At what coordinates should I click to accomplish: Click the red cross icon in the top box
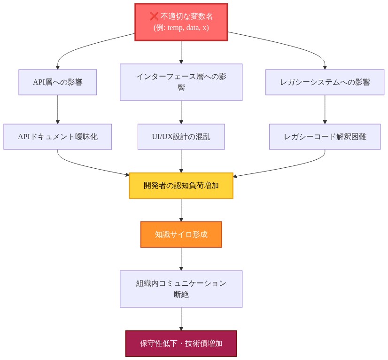(x=154, y=16)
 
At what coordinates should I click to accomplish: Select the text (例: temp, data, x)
(x=181, y=28)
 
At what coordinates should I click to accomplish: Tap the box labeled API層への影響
(x=58, y=82)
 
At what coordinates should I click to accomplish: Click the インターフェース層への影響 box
(x=181, y=82)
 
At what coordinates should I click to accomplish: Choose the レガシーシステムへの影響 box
(x=325, y=82)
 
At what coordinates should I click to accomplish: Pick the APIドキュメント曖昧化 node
(x=58, y=137)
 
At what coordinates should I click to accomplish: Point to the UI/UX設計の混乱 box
(x=181, y=137)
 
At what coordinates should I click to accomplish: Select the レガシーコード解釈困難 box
(x=325, y=137)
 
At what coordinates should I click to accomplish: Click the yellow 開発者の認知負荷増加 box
(x=181, y=186)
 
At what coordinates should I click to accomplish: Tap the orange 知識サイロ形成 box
(x=181, y=235)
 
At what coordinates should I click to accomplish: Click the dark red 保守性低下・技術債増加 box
(x=181, y=344)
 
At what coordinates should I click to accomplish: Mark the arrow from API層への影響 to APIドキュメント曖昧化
(x=58, y=109)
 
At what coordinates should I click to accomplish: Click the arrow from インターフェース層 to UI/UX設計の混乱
(x=181, y=112)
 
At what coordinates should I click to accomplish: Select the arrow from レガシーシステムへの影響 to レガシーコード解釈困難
(x=325, y=109)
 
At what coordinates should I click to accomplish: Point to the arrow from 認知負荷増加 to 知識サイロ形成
(x=181, y=210)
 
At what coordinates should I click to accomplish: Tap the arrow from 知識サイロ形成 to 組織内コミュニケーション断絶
(x=181, y=258)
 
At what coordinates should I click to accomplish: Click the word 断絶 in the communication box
(x=181, y=295)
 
